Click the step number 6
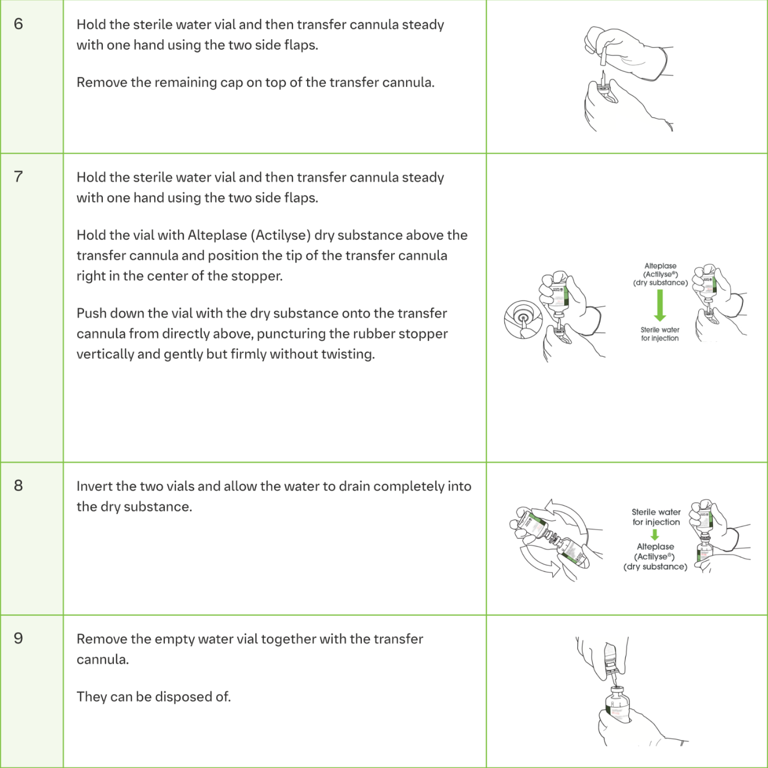(18, 24)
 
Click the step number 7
(18, 176)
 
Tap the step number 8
(18, 485)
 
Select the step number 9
(18, 638)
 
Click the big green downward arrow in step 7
(660, 305)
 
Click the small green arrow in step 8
(655, 534)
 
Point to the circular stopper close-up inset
(523, 319)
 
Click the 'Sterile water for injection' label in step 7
(660, 334)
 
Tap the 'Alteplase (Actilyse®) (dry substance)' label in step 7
(660, 274)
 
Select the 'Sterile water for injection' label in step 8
(656, 517)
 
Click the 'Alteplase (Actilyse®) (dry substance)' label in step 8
(655, 556)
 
